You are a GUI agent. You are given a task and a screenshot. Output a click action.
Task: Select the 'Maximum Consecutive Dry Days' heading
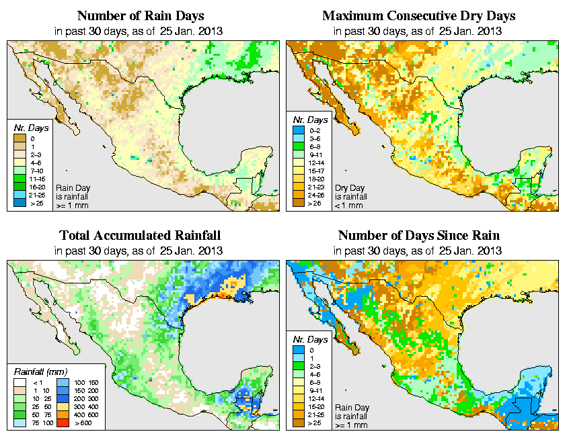tap(419, 15)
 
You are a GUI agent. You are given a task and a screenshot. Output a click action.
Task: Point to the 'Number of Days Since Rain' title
tap(419, 236)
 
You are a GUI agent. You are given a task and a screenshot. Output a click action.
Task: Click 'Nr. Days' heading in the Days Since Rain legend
tap(313, 339)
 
